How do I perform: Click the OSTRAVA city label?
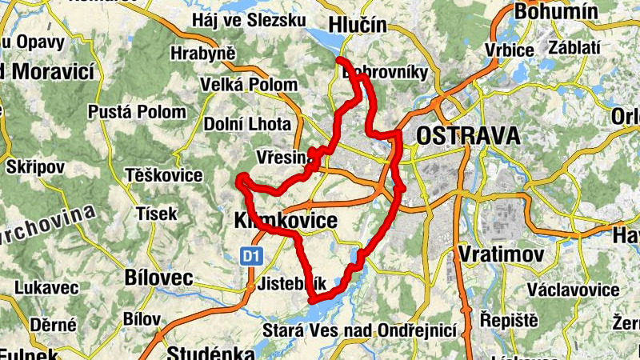(467, 136)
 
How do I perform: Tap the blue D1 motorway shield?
(251, 256)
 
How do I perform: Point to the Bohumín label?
(557, 11)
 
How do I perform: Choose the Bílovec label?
(159, 278)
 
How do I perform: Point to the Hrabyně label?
(203, 54)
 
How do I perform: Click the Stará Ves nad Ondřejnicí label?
(359, 330)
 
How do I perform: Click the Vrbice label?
(509, 50)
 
